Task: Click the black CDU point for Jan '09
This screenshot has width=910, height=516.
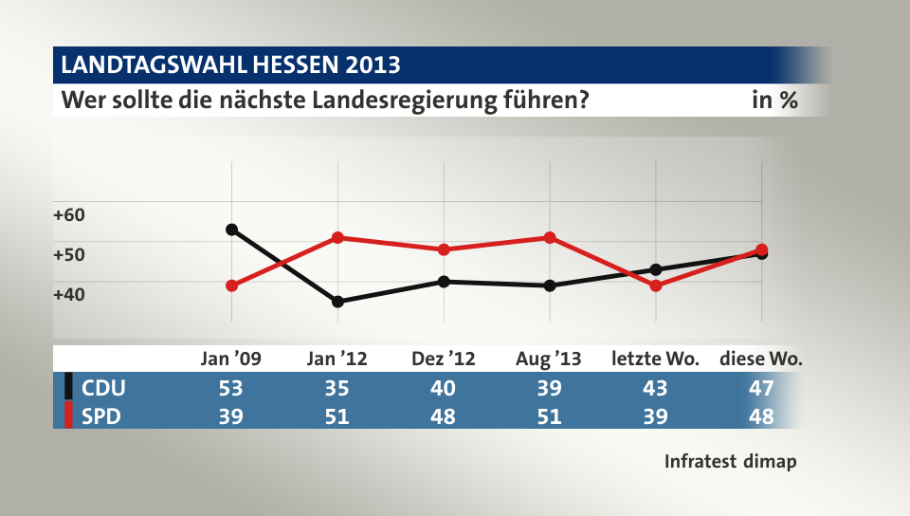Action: pos(231,230)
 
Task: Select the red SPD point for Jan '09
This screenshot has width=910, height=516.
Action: pos(231,286)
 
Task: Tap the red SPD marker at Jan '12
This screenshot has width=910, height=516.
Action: pos(337,237)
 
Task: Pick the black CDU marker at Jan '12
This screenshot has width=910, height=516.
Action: pos(337,302)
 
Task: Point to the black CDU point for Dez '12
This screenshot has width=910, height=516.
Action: pos(444,282)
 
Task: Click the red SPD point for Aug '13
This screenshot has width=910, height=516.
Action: pos(549,237)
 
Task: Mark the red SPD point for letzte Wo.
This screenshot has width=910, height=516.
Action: pos(655,286)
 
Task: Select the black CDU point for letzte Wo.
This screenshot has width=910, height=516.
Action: pos(655,269)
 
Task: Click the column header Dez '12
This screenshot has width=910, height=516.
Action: pos(444,359)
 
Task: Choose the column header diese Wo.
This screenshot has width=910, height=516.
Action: pos(761,359)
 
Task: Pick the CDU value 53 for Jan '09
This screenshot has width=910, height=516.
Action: pos(231,388)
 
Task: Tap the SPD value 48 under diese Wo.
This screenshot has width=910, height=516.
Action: pos(761,416)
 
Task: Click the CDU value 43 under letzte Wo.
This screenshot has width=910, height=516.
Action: pos(655,388)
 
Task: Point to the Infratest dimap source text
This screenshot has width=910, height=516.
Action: pos(730,462)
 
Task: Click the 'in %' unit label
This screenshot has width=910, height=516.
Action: pos(774,100)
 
